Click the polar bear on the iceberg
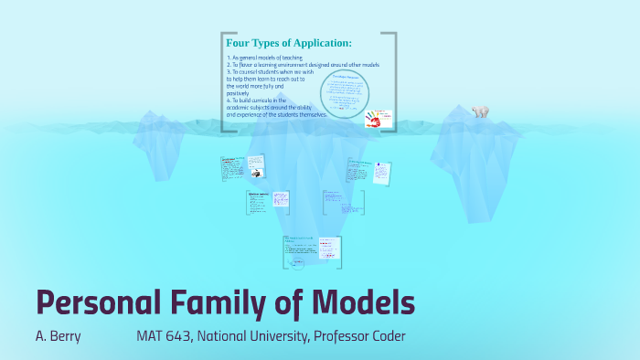(480, 111)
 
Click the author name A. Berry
(58, 336)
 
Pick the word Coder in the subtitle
(387, 336)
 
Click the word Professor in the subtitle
(339, 336)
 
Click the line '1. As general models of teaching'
(265, 58)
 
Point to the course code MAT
(150, 336)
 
